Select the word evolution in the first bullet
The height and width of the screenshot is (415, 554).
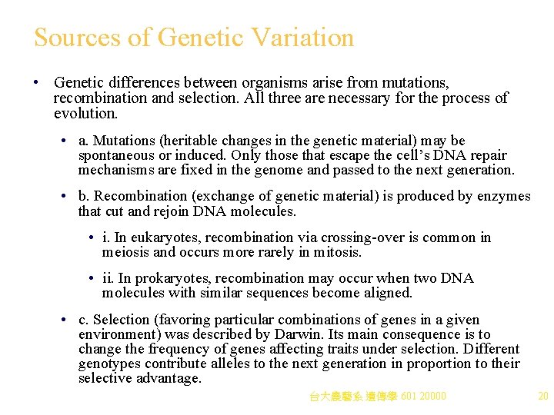tap(85, 114)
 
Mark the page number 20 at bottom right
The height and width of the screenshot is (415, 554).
tap(543, 397)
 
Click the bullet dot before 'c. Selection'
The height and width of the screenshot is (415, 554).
tap(66, 320)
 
